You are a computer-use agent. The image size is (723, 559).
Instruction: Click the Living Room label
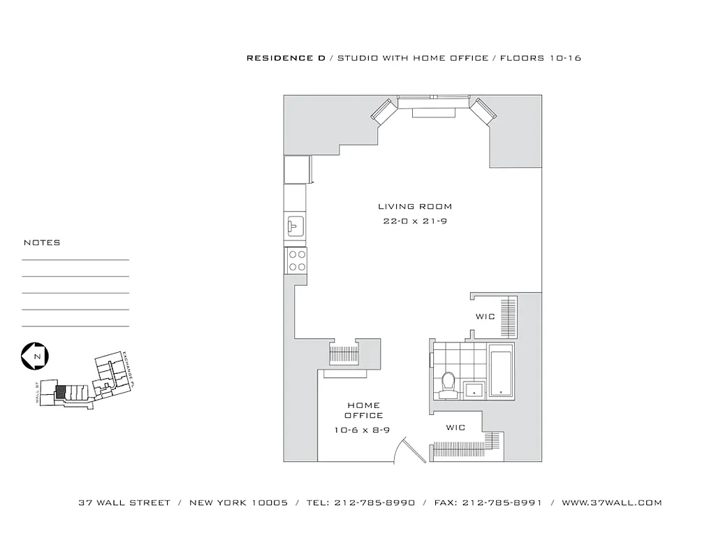click(415, 207)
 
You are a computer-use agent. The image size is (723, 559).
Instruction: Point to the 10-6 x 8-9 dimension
click(362, 430)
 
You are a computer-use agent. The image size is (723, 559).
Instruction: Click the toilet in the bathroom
click(448, 384)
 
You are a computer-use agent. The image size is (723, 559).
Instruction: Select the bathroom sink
click(475, 390)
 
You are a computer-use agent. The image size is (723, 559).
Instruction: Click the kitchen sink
click(294, 226)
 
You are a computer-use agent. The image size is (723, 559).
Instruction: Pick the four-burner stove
click(296, 261)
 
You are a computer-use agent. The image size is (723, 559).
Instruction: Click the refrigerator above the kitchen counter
click(296, 169)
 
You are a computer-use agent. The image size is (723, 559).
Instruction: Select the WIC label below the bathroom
click(455, 428)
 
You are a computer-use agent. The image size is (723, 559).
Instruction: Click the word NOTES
click(42, 242)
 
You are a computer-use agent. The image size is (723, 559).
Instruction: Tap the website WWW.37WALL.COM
click(611, 502)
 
